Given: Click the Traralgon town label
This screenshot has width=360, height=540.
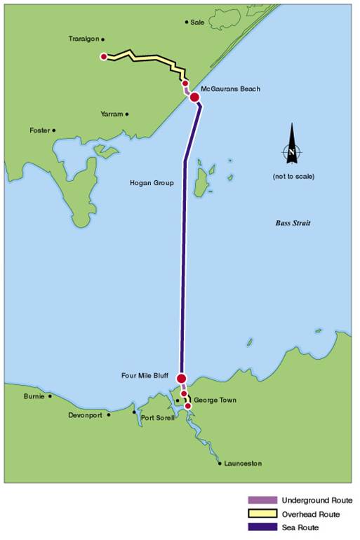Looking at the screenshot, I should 84,39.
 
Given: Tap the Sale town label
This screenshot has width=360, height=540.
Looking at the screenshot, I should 197,22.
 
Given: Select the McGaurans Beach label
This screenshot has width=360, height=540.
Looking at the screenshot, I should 230,89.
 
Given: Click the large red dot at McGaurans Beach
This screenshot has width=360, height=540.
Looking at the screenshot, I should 194,97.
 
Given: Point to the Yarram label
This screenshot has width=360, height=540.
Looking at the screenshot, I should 111,114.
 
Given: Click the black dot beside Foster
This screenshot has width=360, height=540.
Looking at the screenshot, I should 54,130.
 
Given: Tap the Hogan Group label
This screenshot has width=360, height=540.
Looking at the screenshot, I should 152,183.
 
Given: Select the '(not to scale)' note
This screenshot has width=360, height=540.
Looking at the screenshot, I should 293,176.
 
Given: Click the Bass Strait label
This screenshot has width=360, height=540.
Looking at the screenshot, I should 292,223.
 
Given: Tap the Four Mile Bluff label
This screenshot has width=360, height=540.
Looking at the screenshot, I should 147,376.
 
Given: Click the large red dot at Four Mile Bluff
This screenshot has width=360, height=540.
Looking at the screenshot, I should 181,379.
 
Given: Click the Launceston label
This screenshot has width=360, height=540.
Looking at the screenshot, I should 244,464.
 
